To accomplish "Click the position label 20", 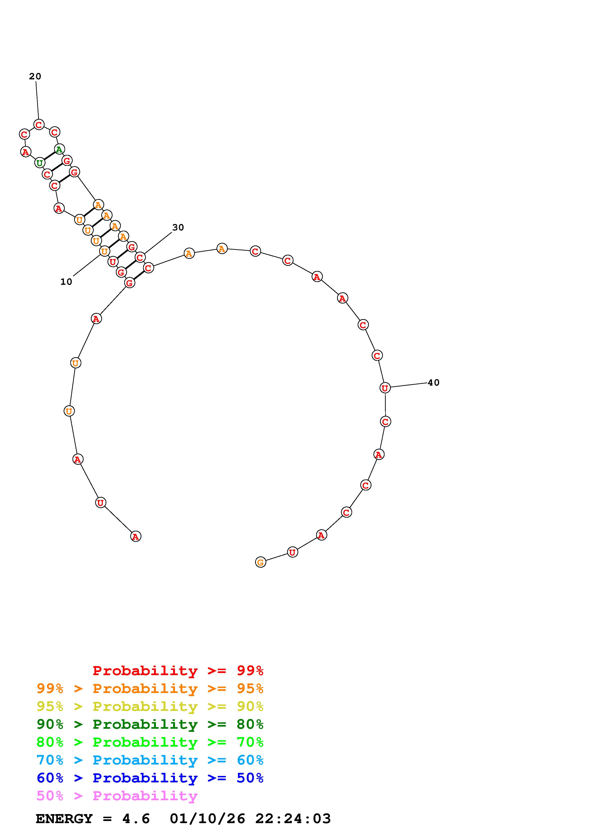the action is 35,76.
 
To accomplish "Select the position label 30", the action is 178,228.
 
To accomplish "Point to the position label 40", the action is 433,383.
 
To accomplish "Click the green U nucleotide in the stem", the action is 40,163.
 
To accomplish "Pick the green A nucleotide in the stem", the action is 59,149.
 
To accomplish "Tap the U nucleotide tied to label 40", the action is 385,388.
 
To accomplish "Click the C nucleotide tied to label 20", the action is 39,125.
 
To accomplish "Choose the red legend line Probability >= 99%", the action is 178,671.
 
